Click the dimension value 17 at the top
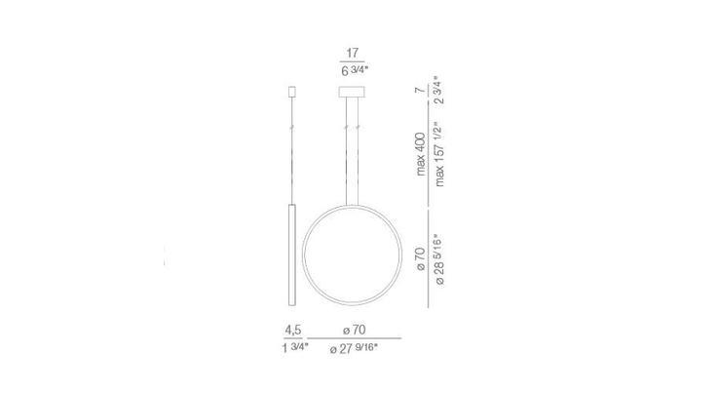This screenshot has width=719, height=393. point(352,53)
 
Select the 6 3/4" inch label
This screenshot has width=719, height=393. point(355,70)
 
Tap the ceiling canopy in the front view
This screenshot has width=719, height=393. point(352,92)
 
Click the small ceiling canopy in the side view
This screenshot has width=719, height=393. point(291,92)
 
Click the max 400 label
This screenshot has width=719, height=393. point(421,154)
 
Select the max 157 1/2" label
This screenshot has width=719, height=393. point(439,154)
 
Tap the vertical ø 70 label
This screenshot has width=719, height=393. point(421,259)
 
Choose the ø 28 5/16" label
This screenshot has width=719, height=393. point(439,259)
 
